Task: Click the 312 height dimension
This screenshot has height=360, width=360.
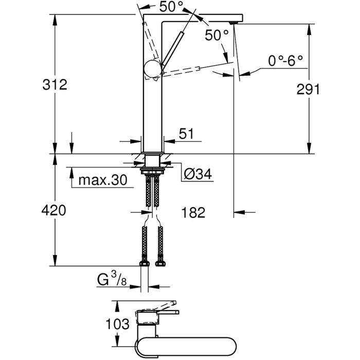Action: click(x=55, y=85)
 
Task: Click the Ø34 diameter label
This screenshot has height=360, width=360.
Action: click(x=197, y=175)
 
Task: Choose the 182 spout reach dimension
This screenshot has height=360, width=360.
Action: click(x=193, y=212)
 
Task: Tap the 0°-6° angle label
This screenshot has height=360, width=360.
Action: click(x=286, y=61)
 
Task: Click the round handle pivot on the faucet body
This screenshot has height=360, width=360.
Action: click(x=153, y=68)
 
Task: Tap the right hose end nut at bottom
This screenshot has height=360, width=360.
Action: click(x=159, y=263)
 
